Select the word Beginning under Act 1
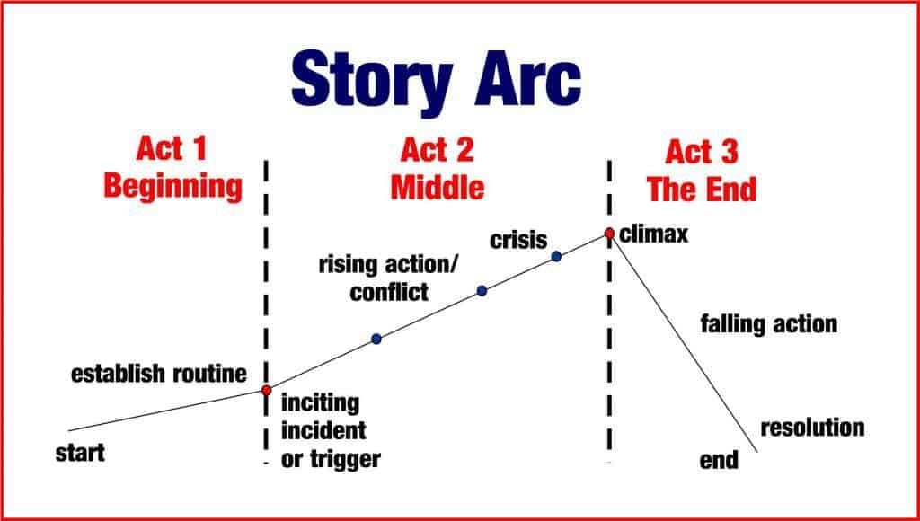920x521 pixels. [x=172, y=187]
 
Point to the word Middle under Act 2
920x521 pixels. [x=438, y=187]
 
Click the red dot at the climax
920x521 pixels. [x=609, y=234]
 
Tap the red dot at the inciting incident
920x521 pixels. [x=267, y=390]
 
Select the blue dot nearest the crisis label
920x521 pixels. [x=556, y=256]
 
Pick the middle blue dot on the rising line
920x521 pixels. [x=482, y=290]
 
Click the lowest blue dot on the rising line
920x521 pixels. [x=376, y=339]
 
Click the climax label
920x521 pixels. [x=653, y=234]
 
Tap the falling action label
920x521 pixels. [x=768, y=323]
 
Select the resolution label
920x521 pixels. [x=812, y=427]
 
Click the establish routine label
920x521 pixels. [x=158, y=373]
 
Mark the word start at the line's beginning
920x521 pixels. [x=80, y=453]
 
